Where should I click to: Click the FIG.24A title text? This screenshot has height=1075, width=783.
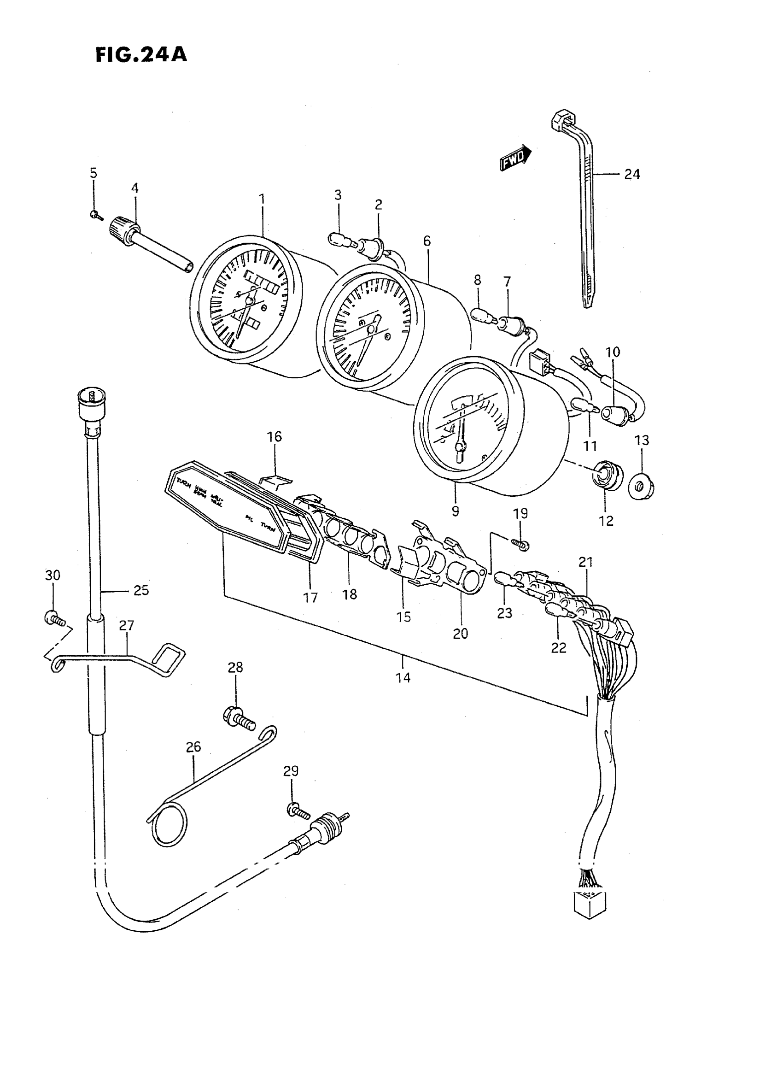click(141, 55)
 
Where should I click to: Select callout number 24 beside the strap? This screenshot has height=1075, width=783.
click(632, 175)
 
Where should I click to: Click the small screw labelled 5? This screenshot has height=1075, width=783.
click(94, 215)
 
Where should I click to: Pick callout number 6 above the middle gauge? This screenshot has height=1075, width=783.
click(427, 241)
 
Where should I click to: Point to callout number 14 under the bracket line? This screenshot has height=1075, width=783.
click(403, 678)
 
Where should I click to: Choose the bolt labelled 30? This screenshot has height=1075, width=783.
click(53, 618)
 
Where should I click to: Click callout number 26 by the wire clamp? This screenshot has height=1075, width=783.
click(193, 747)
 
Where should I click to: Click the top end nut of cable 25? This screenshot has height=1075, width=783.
click(92, 400)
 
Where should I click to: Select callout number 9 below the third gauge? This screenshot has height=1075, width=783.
click(456, 511)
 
